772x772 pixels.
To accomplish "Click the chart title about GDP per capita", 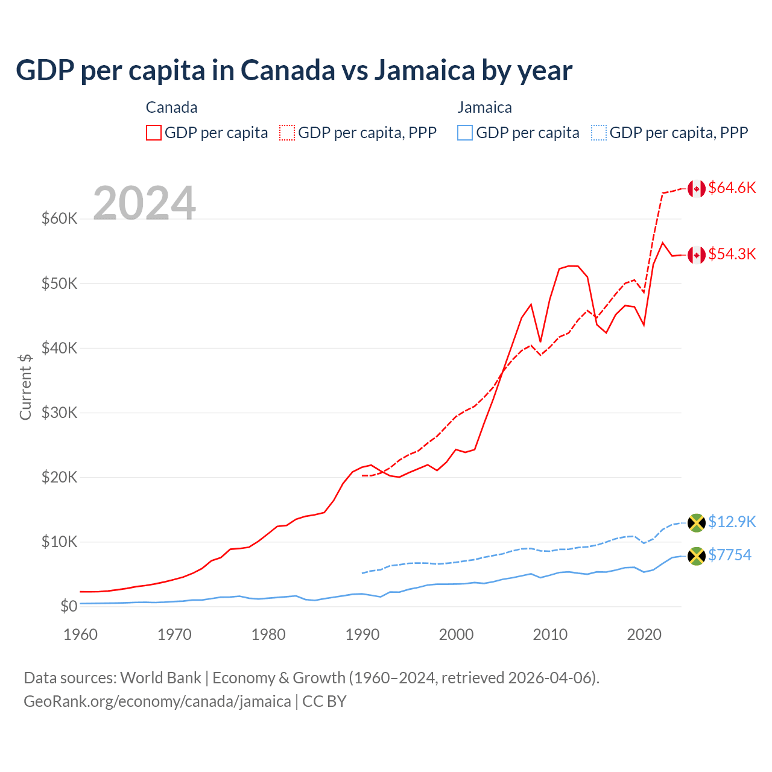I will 294,71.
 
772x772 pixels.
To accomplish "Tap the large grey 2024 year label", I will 144,203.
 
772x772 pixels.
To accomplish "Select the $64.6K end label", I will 732,188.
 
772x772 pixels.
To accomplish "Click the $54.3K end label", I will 732,254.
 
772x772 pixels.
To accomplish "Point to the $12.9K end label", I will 732,522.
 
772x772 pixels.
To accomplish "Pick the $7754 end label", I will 729,555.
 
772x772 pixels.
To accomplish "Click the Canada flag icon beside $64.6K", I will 697,189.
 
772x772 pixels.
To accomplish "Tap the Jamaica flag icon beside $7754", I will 697,556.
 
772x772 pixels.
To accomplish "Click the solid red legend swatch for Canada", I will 154,133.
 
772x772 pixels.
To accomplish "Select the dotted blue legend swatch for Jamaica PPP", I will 599,133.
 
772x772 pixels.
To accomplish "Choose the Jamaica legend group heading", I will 484,107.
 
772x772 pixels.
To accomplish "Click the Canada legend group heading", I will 171,107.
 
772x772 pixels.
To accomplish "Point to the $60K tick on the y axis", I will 60,218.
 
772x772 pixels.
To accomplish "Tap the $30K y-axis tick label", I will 60,413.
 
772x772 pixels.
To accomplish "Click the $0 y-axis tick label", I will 69,606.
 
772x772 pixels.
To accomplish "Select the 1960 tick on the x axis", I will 80,634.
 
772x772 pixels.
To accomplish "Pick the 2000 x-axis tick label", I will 457,634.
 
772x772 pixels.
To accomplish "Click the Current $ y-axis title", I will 25,387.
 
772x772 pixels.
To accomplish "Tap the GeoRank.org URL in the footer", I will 157,701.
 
